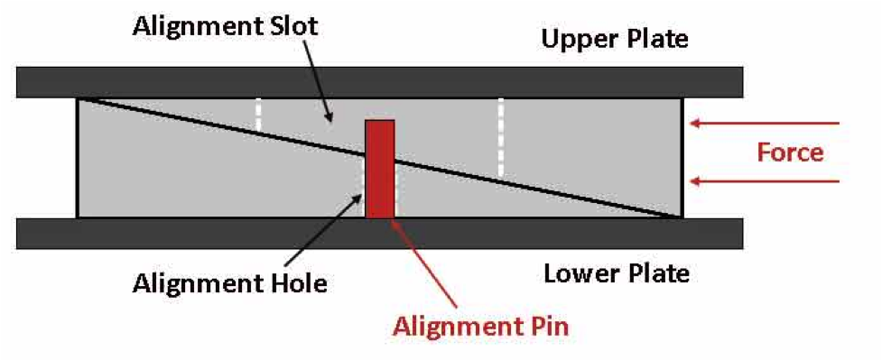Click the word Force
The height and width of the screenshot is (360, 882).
[x=790, y=152]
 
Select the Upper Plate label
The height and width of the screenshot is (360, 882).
[x=614, y=40]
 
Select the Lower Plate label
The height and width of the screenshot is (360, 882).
[x=616, y=272]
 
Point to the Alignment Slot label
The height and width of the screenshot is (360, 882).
[x=226, y=26]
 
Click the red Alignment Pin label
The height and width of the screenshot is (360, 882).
[x=480, y=326]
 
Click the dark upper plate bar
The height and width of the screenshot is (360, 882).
[x=379, y=82]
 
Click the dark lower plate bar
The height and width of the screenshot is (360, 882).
[x=379, y=234]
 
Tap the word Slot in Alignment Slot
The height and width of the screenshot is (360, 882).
[x=286, y=26]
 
